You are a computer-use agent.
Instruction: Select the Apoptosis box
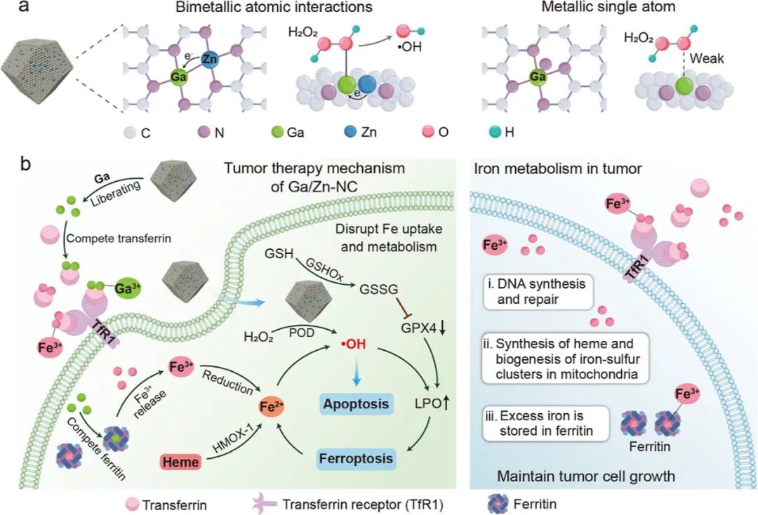356,404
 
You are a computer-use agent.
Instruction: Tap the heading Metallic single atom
601,8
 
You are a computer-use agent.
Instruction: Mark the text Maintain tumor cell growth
586,476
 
